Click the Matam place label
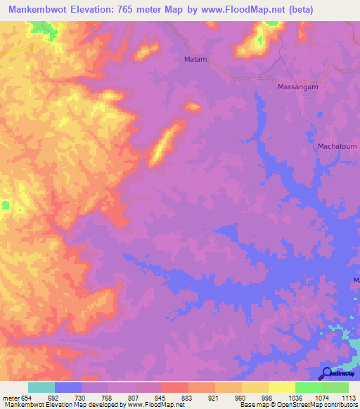(195, 60)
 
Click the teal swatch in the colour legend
(41, 387)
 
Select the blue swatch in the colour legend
(68, 387)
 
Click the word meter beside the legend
(10, 397)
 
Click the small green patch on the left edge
(5, 205)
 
